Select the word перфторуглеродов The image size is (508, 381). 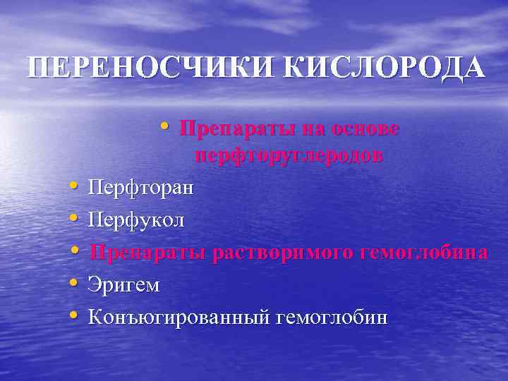[x=289, y=156]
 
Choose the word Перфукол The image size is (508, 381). [x=136, y=221]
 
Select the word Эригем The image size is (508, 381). [x=123, y=285]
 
